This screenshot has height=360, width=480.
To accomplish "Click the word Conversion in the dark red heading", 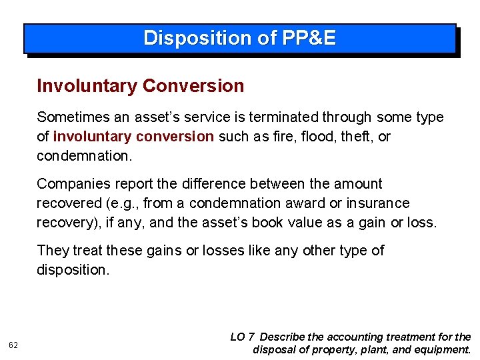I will [193, 86].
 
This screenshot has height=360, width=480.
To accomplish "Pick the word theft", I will [361, 137].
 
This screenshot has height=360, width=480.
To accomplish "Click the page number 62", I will [13, 344].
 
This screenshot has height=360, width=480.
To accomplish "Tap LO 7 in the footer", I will [242, 337].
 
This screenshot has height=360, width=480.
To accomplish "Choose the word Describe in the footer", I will [285, 337].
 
